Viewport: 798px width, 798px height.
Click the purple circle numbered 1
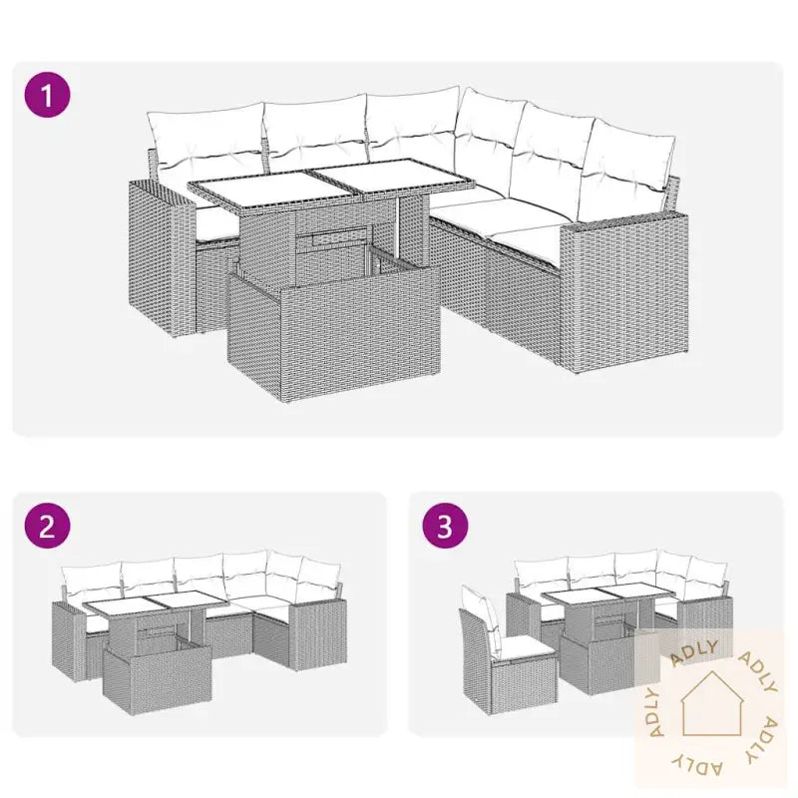(47, 95)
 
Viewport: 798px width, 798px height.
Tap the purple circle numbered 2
(47, 526)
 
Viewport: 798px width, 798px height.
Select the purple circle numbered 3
(445, 526)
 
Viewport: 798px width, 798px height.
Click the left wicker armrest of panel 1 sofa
(162, 258)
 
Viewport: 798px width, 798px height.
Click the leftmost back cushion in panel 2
(92, 581)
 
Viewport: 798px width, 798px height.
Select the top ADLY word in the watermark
(693, 653)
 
